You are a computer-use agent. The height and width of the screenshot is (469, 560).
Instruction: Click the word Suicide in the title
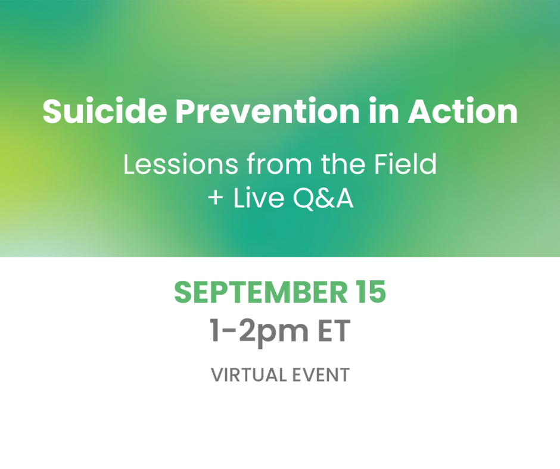click(x=105, y=111)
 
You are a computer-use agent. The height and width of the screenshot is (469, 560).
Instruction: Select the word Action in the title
click(x=462, y=111)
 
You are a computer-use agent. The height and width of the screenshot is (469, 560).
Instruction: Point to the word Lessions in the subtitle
click(x=181, y=164)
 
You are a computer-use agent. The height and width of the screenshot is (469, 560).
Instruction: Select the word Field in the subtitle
click(x=405, y=164)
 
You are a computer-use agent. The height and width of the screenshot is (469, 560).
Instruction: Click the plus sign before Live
click(x=216, y=198)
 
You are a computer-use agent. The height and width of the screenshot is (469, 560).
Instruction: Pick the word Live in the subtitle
click(x=259, y=198)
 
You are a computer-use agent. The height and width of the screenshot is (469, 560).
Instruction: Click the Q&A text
click(x=323, y=198)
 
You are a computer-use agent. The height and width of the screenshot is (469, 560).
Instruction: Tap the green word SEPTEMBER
click(x=261, y=292)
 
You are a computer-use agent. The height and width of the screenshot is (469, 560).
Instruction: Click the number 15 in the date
click(x=371, y=292)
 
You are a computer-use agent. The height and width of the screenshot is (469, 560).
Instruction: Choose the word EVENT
click(x=321, y=375)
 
